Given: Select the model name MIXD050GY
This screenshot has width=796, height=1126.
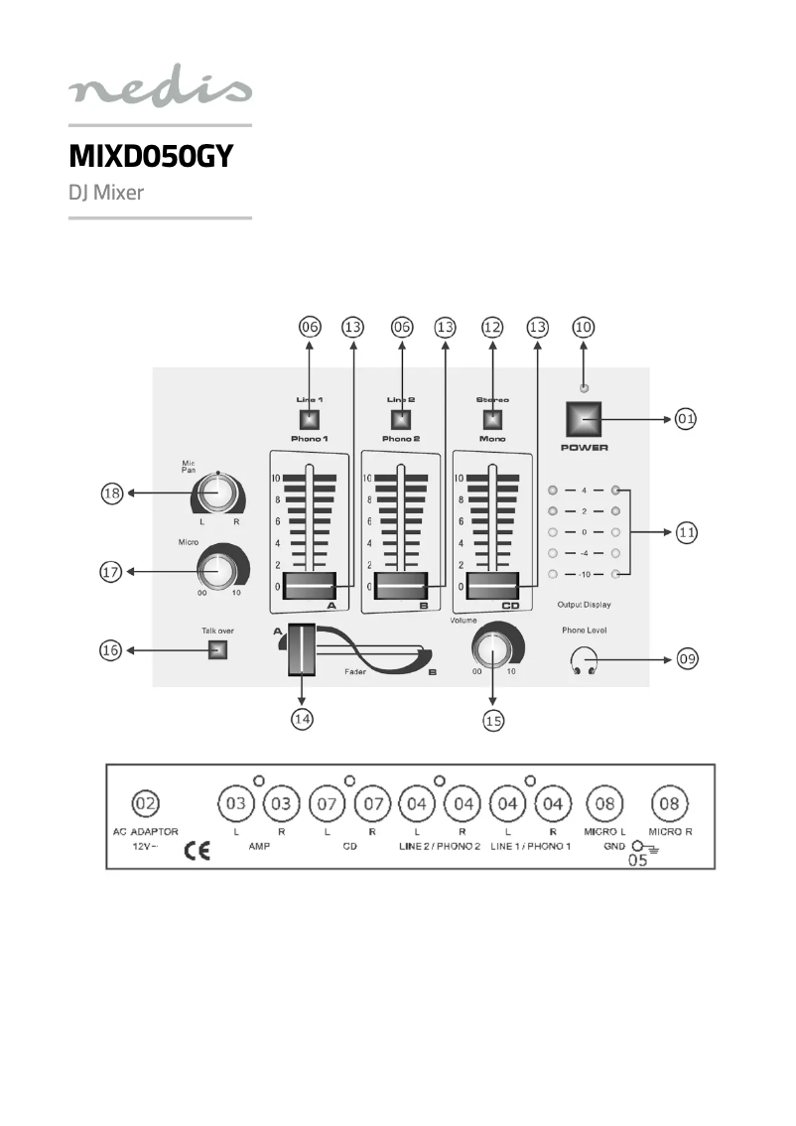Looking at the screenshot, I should pyautogui.click(x=150, y=156).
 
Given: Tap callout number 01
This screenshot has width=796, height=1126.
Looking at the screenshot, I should pyautogui.click(x=686, y=419).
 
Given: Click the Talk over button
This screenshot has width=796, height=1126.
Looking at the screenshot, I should pyautogui.click(x=217, y=650).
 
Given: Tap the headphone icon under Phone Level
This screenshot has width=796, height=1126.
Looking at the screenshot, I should pyautogui.click(x=584, y=659).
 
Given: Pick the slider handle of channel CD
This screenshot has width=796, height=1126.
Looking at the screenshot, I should pyautogui.click(x=492, y=587).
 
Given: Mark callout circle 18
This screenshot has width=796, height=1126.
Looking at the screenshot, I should pyautogui.click(x=111, y=493).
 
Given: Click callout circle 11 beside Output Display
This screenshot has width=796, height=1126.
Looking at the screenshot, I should pyautogui.click(x=686, y=532).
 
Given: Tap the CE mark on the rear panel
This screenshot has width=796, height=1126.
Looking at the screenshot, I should pyautogui.click(x=197, y=851).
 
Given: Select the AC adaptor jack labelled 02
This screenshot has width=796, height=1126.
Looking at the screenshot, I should pyautogui.click(x=145, y=802).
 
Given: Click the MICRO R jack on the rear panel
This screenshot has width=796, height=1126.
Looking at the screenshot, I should pyautogui.click(x=670, y=802).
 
